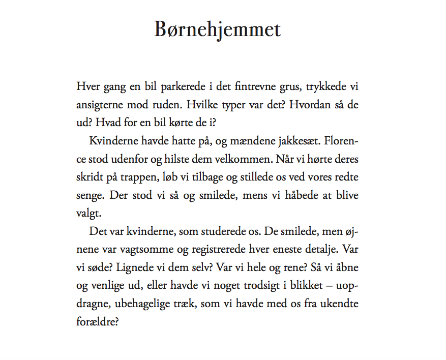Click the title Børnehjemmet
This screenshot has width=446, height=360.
pos(218,29)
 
